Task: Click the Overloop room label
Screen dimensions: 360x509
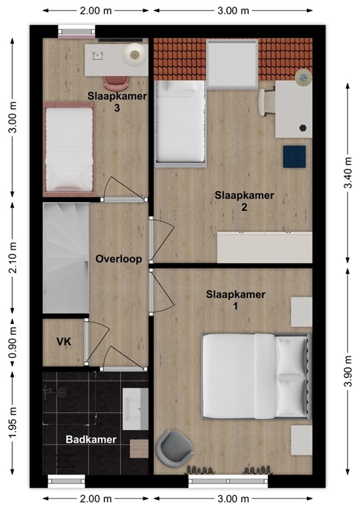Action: (x=119, y=259)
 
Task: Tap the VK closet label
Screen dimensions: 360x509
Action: (x=64, y=341)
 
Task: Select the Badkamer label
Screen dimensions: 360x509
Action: (x=91, y=439)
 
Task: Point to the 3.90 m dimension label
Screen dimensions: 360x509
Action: (x=347, y=371)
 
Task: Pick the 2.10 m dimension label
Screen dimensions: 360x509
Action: (x=13, y=257)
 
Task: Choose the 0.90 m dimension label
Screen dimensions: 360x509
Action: (x=13, y=343)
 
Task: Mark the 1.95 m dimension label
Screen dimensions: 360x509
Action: (x=13, y=422)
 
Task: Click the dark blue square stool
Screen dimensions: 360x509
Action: (x=294, y=156)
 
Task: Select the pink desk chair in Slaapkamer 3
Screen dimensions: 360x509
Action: (x=116, y=83)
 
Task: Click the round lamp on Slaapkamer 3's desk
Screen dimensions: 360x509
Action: (x=135, y=55)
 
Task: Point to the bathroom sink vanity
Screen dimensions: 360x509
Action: (x=135, y=409)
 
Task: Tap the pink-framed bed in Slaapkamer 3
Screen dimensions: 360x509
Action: (x=69, y=149)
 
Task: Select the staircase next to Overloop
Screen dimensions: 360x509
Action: (x=66, y=258)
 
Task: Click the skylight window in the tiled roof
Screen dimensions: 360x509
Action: (x=233, y=64)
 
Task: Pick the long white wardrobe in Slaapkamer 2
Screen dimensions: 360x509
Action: (x=265, y=247)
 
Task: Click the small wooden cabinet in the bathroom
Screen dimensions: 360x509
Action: (x=139, y=449)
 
